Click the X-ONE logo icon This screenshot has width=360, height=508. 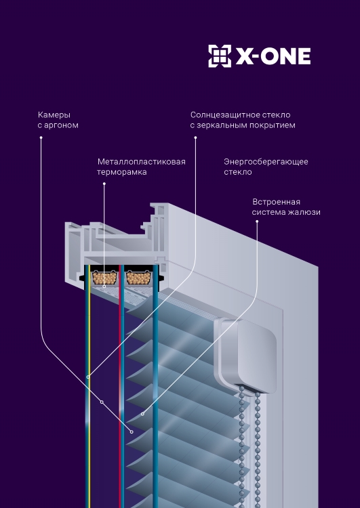(220, 56)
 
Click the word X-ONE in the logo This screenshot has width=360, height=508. (273, 56)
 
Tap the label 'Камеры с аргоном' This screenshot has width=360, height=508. (58, 120)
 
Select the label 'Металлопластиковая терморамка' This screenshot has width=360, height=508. (142, 167)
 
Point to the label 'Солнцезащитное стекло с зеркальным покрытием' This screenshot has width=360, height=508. (243, 120)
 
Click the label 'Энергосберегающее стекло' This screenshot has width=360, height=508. (266, 167)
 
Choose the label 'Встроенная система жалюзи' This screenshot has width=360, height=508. (286, 207)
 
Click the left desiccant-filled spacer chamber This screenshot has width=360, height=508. (104, 278)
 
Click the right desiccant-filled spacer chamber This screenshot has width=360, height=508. (138, 278)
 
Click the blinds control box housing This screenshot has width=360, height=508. (245, 356)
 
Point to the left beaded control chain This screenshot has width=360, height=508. (241, 447)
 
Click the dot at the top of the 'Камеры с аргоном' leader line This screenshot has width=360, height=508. (41, 137)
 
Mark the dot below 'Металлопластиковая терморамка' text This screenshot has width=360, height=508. (104, 184)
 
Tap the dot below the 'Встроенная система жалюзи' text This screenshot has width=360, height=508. (257, 221)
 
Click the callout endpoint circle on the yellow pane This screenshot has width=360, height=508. (88, 377)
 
